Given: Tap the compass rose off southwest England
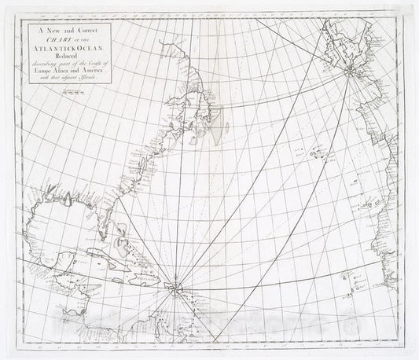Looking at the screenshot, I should [x=346, y=72].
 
